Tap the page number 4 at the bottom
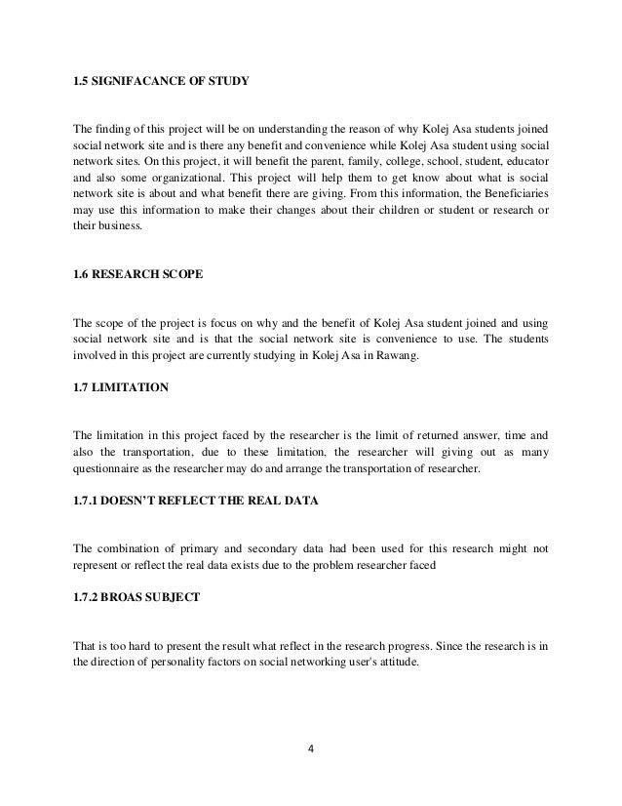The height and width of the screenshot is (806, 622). pos(310,750)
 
